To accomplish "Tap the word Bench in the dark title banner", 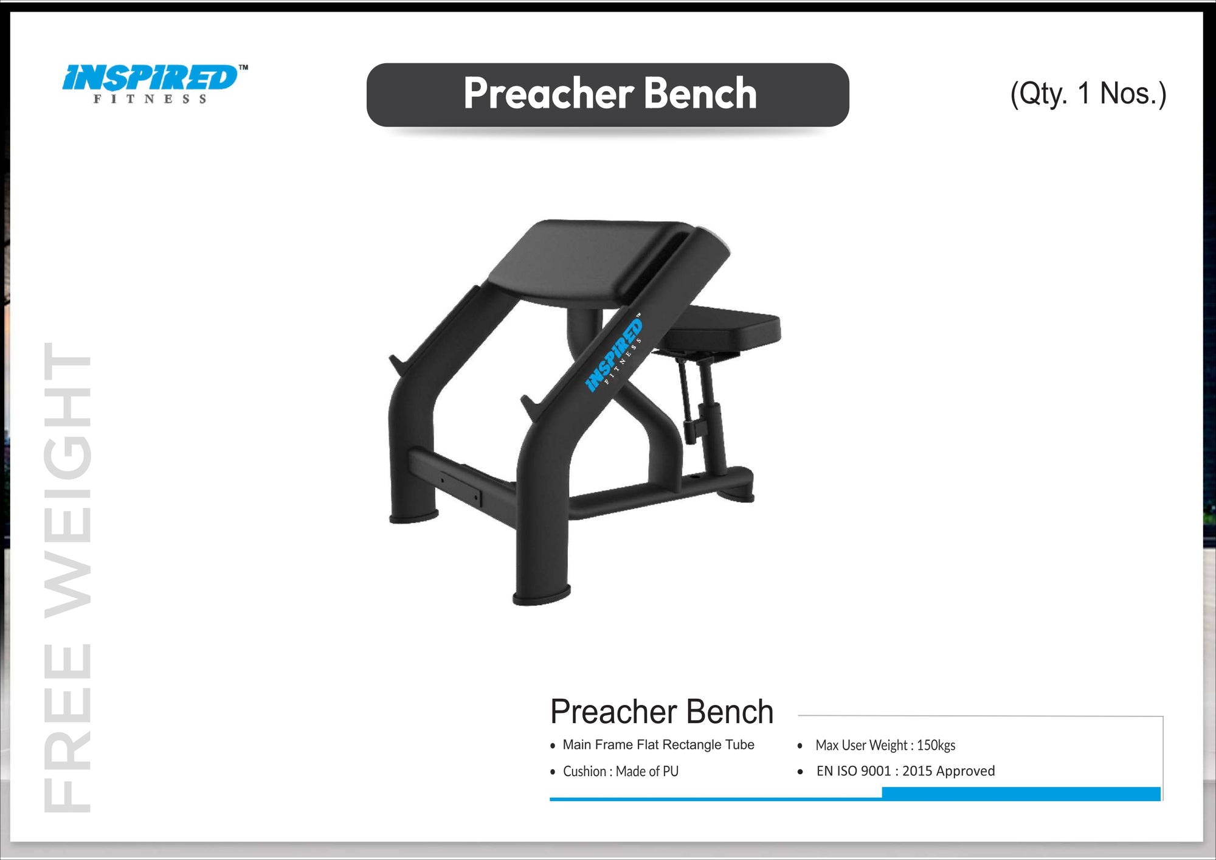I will pos(700,94).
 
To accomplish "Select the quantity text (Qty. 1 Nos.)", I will pos(1088,94).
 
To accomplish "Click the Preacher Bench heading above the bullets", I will pos(662,712).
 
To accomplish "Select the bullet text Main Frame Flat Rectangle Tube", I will pos(658,744).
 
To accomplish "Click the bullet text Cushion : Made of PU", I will pos(620,771).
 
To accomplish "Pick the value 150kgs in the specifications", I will pos(936,745).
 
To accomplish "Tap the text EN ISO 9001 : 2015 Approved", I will pos(905,771).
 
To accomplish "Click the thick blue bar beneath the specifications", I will pos(1021,793).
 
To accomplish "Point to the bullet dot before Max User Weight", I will pos(800,746).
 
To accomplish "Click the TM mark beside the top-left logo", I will pos(243,68).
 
